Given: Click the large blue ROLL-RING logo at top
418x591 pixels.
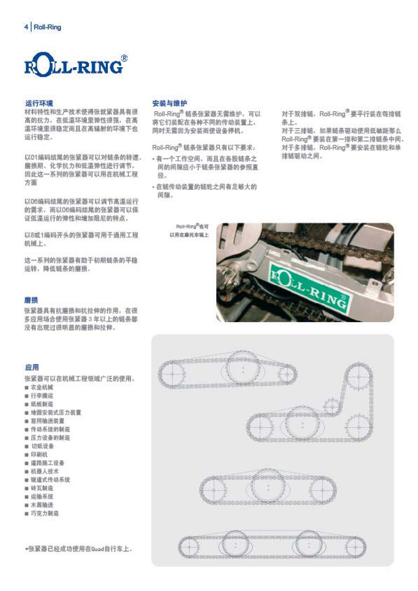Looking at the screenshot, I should [73, 65].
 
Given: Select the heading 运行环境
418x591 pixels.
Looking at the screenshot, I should [39, 103].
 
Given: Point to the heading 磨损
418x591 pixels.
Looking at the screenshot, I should [31, 299].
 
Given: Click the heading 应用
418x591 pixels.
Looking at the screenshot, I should [31, 367].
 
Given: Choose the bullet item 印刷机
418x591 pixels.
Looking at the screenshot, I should [40, 454].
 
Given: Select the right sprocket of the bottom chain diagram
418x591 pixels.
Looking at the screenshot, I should [355, 546].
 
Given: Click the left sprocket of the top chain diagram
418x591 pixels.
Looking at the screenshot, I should [172, 373].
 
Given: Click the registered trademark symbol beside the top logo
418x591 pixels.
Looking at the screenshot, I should [124, 58].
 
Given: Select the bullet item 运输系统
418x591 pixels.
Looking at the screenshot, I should [41, 496].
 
